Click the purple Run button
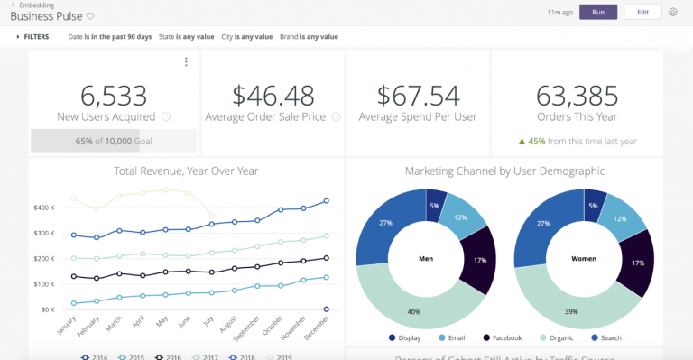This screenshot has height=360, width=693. coord(598,12)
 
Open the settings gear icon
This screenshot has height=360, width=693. coord(673,12)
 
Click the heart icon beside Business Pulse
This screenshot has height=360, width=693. coord(90,17)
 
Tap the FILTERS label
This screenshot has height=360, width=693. coord(36,37)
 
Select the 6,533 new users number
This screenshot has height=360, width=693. coord(113,95)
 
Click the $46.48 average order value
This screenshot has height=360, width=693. coord(273,95)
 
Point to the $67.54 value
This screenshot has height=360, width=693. coord(418,95)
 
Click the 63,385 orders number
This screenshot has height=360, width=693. coord(577,95)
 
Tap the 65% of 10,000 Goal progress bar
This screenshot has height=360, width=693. coord(113,141)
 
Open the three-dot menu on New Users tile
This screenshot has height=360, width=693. coord(186,62)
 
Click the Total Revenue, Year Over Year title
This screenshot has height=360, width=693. coord(186,170)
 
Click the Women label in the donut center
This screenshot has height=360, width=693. coord(583,257)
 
